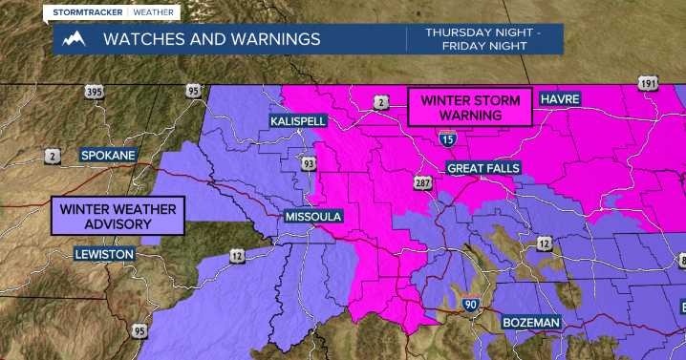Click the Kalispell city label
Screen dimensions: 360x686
(298, 122)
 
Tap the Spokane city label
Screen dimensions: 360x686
(108, 155)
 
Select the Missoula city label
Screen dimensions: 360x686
(312, 217)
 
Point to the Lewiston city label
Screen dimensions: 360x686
(105, 254)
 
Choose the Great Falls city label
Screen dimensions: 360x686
(483, 168)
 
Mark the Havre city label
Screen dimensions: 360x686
(561, 99)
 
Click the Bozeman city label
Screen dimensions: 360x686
(531, 323)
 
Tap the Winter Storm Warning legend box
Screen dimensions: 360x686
(470, 107)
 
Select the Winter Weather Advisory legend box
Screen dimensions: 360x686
(118, 216)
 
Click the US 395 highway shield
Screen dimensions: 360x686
(95, 92)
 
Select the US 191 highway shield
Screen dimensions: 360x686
(649, 85)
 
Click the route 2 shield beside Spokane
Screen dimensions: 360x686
(54, 154)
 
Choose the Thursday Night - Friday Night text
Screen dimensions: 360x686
(486, 39)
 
